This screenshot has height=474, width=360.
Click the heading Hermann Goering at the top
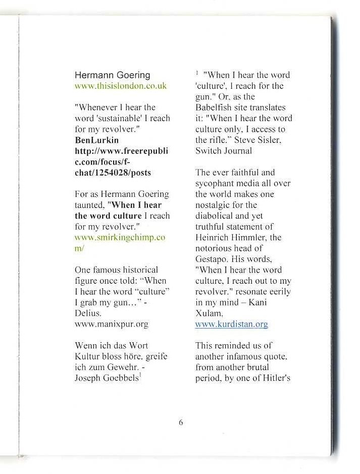tap(112, 75)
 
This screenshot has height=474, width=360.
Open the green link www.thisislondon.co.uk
tap(120, 86)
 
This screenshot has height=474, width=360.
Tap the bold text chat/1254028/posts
tap(113, 173)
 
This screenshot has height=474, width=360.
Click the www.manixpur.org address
tap(111, 324)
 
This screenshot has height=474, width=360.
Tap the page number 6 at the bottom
tap(180, 423)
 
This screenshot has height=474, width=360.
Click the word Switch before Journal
tap(207, 150)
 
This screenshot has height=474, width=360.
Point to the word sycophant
tap(215, 183)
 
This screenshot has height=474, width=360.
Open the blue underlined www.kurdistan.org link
tap(231, 325)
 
